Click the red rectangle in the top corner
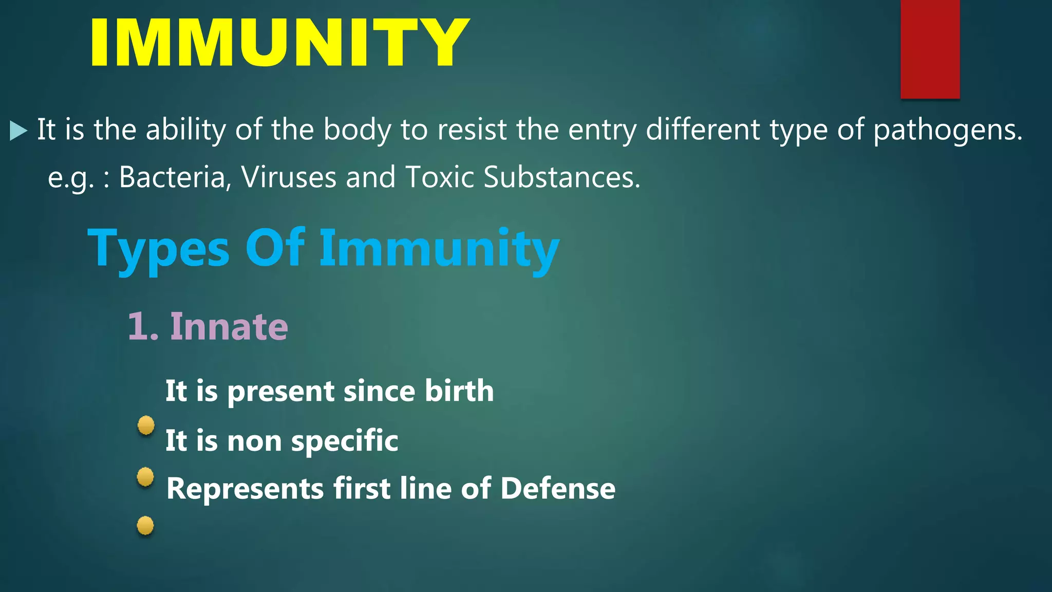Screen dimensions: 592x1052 (x=930, y=49)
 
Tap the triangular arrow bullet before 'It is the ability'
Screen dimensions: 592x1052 (x=18, y=131)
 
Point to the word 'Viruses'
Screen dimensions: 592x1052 (x=288, y=177)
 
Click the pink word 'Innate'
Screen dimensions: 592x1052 (x=229, y=327)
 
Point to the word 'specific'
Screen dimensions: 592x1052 (x=344, y=441)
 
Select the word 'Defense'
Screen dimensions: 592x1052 (x=557, y=488)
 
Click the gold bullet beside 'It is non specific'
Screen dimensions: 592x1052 (x=146, y=425)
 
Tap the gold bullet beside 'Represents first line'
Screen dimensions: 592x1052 (x=145, y=476)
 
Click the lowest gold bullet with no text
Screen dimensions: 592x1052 (x=145, y=525)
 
